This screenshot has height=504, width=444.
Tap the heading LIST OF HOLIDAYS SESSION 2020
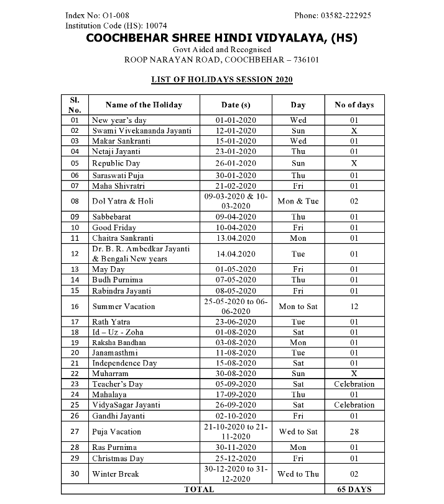tap(222, 79)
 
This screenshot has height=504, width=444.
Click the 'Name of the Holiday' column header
tap(144, 105)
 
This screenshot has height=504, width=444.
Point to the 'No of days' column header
tap(354, 105)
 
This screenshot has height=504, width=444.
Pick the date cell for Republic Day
tap(236, 163)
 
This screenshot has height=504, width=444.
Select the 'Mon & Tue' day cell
tap(298, 201)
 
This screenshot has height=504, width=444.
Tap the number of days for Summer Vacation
tap(354, 307)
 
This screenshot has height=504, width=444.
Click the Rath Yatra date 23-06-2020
tap(236, 322)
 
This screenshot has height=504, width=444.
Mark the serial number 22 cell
tap(75, 374)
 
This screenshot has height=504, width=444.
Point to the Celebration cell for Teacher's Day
tap(354, 384)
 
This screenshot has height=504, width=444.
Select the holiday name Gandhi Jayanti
tap(118, 416)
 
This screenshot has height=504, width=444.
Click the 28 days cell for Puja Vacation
tap(354, 431)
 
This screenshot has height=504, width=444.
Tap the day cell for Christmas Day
tap(298, 458)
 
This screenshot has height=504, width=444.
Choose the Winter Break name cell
tap(115, 474)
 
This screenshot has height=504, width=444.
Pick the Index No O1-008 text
tap(97, 15)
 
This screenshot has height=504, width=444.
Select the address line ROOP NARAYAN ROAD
tap(222, 60)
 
